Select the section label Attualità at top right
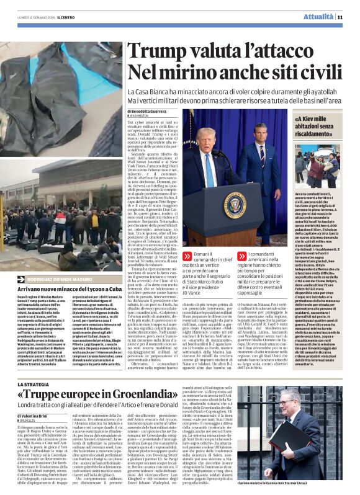click(319, 17)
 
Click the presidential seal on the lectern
click(235, 205)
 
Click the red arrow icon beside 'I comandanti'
click(243, 256)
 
